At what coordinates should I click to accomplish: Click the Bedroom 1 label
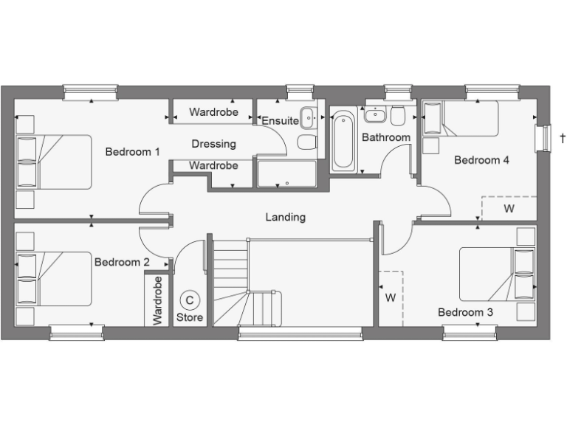pyautogui.click(x=133, y=152)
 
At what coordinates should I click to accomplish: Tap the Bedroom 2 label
pyautogui.click(x=122, y=262)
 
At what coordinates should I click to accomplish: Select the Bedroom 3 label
pyautogui.click(x=465, y=312)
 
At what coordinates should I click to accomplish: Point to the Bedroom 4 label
pyautogui.click(x=481, y=160)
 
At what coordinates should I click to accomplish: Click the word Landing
pyautogui.click(x=286, y=217)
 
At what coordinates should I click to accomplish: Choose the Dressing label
pyautogui.click(x=213, y=144)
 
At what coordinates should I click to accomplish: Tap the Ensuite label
pyautogui.click(x=280, y=120)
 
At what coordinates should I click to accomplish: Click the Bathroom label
pyautogui.click(x=385, y=137)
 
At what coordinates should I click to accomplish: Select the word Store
pyautogui.click(x=190, y=317)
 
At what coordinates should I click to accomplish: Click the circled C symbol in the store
pyautogui.click(x=190, y=300)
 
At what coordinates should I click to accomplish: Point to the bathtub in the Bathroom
pyautogui.click(x=343, y=140)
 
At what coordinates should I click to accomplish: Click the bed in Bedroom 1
pyautogui.click(x=55, y=162)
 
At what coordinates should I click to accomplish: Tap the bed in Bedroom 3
pyautogui.click(x=495, y=274)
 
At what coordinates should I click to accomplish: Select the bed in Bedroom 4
pyautogui.click(x=459, y=119)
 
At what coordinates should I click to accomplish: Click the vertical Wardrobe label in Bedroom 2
pyautogui.click(x=157, y=300)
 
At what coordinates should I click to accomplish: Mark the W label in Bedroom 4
pyautogui.click(x=509, y=209)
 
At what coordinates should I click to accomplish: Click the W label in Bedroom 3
pyautogui.click(x=391, y=298)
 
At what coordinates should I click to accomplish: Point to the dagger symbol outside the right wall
pyautogui.click(x=563, y=138)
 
